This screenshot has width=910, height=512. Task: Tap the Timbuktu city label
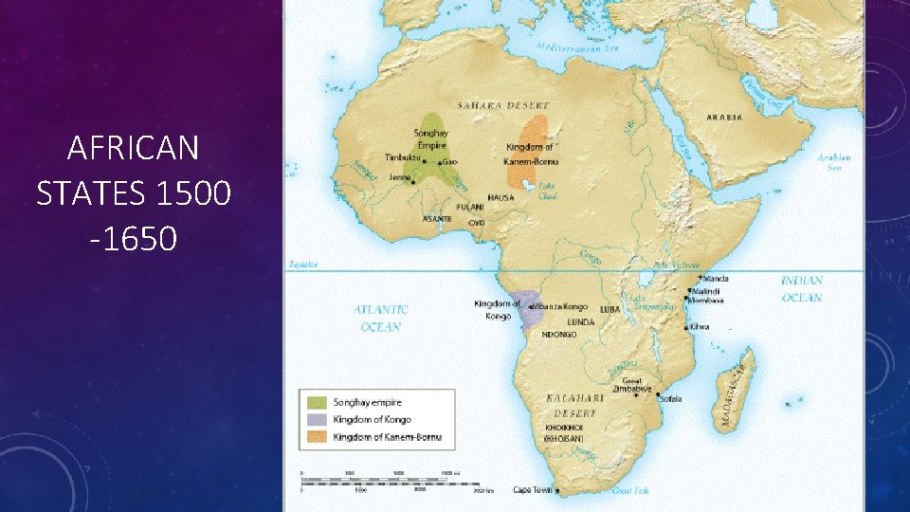tap(402, 156)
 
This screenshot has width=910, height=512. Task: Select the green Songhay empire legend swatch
tap(316, 403)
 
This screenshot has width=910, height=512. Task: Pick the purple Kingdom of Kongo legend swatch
tap(316, 419)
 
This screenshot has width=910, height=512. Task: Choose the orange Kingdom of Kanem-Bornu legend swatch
tap(316, 436)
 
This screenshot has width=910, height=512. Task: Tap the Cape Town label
tap(533, 490)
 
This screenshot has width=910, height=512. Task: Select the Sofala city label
tap(671, 399)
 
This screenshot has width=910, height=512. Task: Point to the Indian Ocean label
tap(801, 289)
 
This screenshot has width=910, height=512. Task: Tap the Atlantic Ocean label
tap(380, 318)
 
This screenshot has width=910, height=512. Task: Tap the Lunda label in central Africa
tap(581, 322)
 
